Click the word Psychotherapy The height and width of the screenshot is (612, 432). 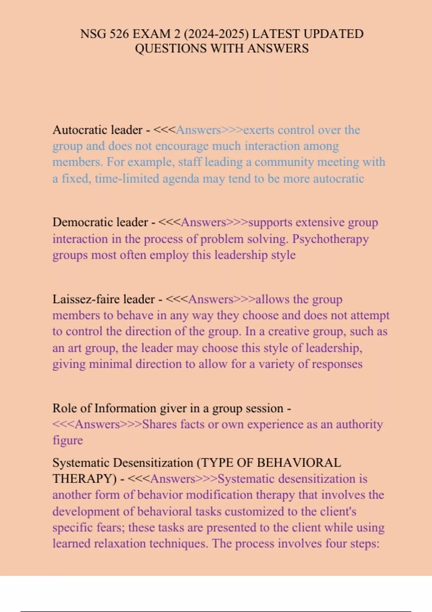tap(330, 239)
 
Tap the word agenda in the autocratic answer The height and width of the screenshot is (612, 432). tap(181, 179)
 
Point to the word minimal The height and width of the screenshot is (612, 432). tap(111, 364)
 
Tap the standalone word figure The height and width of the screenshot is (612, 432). tap(68, 440)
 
